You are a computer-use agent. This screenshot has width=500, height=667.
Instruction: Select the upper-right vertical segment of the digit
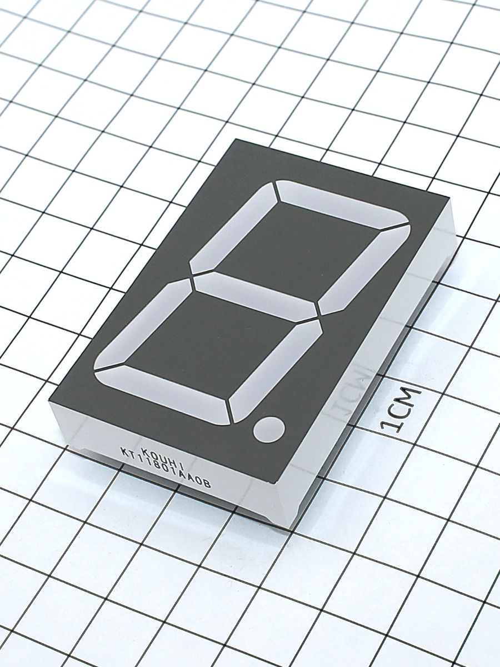(363, 269)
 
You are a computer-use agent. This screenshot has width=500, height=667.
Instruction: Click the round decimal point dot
(269, 429)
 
